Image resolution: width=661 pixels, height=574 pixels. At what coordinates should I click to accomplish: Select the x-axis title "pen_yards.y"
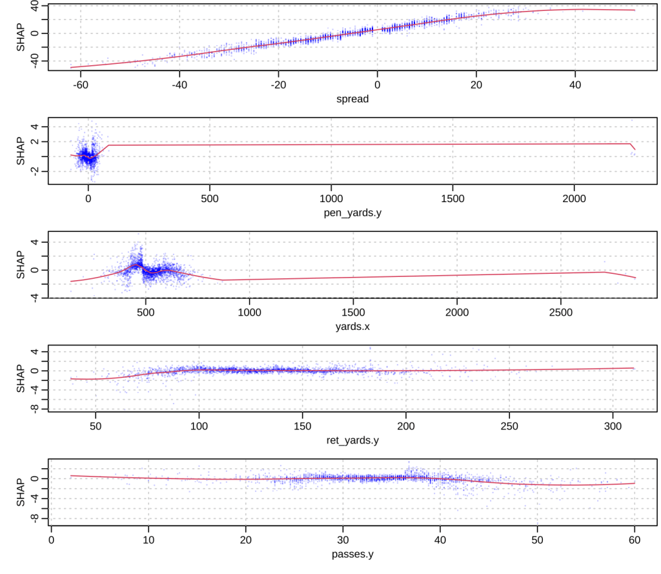(x=352, y=213)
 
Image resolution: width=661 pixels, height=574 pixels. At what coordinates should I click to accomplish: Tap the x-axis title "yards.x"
(x=352, y=326)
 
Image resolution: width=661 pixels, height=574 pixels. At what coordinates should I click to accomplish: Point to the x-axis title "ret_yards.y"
(x=352, y=440)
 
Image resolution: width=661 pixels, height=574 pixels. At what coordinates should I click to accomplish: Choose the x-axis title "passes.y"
(x=352, y=553)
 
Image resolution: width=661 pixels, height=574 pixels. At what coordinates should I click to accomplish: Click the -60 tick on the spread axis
(x=81, y=85)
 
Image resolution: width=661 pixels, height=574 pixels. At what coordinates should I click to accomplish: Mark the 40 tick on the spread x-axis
(x=575, y=85)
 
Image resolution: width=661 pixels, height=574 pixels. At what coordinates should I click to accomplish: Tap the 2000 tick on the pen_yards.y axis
(x=574, y=198)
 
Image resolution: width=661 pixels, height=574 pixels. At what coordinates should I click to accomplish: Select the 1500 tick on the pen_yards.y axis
(x=453, y=198)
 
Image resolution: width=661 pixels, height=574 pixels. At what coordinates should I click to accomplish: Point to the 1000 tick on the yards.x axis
(x=249, y=311)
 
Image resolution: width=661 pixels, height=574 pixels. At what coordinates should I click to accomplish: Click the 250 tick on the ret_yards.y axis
(x=509, y=425)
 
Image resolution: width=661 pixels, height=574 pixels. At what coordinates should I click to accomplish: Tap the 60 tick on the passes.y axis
(x=635, y=538)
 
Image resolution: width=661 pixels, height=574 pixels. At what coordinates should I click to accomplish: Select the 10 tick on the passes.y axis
(x=148, y=538)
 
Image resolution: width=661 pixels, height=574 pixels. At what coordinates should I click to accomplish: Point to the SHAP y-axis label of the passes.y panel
(x=21, y=492)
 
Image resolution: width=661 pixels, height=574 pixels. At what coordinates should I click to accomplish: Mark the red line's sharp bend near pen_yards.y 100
(x=108, y=145)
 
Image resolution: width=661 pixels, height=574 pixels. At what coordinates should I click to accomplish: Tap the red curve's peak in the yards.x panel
(x=136, y=264)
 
